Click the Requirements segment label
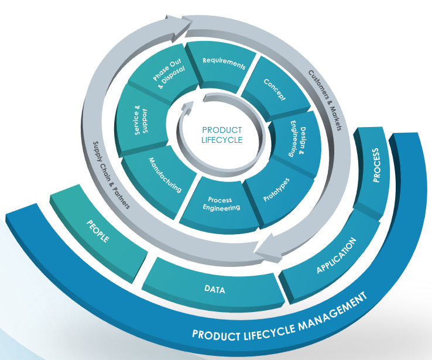click(224, 64)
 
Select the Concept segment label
click(275, 90)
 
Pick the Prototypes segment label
click(276, 190)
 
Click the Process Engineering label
click(221, 204)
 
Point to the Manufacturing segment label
click(165, 175)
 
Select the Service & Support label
click(141, 120)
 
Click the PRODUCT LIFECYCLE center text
click(222, 135)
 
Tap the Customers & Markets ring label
click(325, 100)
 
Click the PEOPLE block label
click(98, 231)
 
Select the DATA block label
click(215, 289)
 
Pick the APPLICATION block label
click(336, 255)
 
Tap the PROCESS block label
click(376, 165)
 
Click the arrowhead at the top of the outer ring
click(179, 27)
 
